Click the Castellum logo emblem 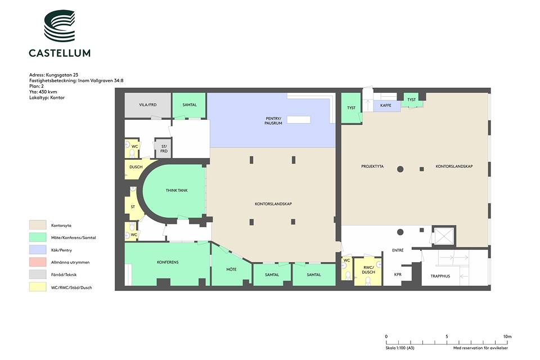point(59,25)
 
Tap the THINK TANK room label point(177,190)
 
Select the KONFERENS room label point(168,262)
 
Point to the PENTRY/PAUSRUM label point(273,120)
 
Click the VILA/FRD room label point(148,105)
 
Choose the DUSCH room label point(136,167)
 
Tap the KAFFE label point(386,105)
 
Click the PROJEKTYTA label point(372,166)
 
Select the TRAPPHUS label point(440,276)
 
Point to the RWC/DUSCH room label point(368,270)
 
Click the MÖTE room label point(231,269)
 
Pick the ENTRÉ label point(398,250)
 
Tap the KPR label point(398,274)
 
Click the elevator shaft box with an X point(444,236)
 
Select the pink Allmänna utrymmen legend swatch point(38,262)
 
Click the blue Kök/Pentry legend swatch point(38,250)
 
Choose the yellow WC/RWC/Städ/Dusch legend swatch point(38,287)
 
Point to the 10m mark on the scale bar point(507,336)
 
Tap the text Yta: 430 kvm point(43,92)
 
